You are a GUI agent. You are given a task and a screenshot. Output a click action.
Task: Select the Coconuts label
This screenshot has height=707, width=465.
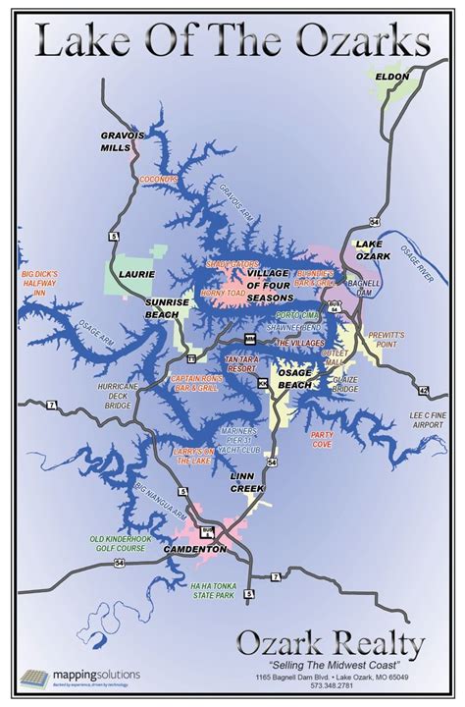158,180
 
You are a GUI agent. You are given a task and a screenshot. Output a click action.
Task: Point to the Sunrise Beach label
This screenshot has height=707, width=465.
168,307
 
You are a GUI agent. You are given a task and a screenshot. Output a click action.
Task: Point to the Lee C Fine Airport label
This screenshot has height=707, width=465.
430,421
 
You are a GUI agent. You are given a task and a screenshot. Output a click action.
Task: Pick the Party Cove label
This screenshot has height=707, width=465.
322,439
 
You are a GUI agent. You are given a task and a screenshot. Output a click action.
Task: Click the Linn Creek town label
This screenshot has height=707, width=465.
248,481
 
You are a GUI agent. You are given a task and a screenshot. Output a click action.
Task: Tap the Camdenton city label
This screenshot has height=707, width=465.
194,549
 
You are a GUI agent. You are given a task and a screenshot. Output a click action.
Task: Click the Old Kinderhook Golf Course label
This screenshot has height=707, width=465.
118,542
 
